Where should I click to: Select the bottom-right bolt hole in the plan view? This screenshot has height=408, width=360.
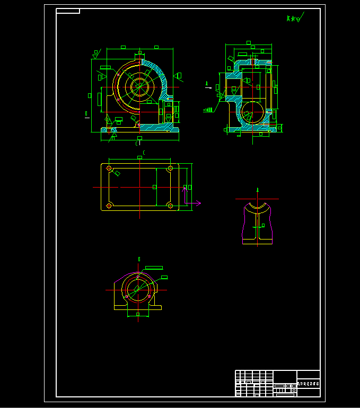pyautogui.click(x=170, y=205)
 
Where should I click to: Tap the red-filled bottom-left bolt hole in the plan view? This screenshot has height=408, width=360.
pyautogui.click(x=109, y=205)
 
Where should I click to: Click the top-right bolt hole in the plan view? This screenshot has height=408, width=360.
pyautogui.click(x=170, y=168)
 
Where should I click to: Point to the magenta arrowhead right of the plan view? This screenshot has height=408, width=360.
pyautogui.click(x=198, y=202)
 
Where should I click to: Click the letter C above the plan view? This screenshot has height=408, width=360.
pyautogui.click(x=144, y=152)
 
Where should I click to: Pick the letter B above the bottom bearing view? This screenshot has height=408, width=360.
pyautogui.click(x=139, y=259)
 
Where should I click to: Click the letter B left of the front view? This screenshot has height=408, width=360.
pyautogui.click(x=86, y=113)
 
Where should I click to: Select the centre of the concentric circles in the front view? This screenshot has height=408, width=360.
pyautogui.click(x=140, y=87)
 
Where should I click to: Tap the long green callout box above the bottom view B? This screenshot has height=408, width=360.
pyautogui.click(x=153, y=268)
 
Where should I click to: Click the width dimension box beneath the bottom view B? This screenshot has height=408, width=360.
pyautogui.click(x=138, y=314)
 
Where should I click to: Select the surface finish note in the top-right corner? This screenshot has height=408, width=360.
pyautogui.click(x=293, y=19)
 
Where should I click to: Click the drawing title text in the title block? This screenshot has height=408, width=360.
pyautogui.click(x=309, y=383)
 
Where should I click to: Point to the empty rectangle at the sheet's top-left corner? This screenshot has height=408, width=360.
pyautogui.click(x=68, y=11)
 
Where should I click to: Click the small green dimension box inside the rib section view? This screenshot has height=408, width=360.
pyautogui.click(x=258, y=228)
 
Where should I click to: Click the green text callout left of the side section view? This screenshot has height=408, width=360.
pyautogui.click(x=208, y=110)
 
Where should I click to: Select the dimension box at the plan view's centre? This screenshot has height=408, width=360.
pyautogui.click(x=155, y=187)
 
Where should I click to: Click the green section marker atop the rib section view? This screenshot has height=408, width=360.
pyautogui.click(x=258, y=189)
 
